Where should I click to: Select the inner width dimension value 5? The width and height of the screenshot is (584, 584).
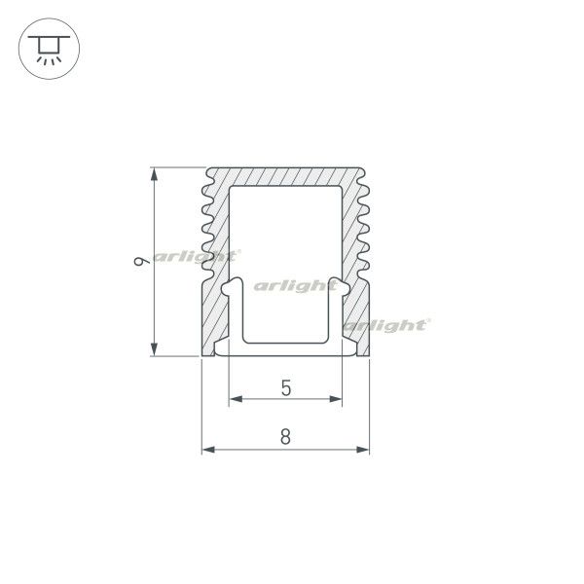pyautogui.click(x=285, y=387)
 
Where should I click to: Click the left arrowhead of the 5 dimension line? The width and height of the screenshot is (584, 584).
pyautogui.click(x=235, y=399)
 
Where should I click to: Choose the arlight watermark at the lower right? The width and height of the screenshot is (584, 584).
pyautogui.click(x=386, y=325)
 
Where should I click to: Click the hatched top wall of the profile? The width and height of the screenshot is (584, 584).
pyautogui.click(x=285, y=176)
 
